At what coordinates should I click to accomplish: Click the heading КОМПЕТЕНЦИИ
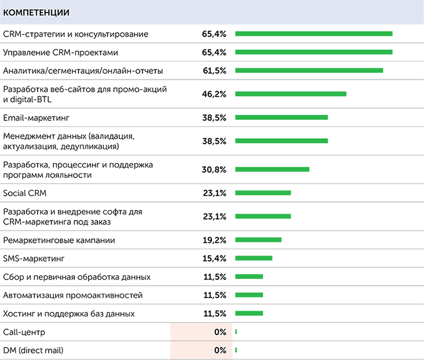pyautogui.click(x=36, y=11)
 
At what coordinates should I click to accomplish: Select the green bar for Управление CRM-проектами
pyautogui.click(x=314, y=52)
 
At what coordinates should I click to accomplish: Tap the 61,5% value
pyautogui.click(x=214, y=71)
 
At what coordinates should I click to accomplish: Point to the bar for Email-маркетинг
pyautogui.click(x=282, y=117)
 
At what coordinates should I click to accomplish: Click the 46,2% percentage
pyautogui.click(x=214, y=94)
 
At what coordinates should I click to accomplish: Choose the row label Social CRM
pyautogui.click(x=26, y=193)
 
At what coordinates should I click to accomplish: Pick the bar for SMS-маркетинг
pyautogui.click(x=254, y=258)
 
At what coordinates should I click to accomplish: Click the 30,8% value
pyautogui.click(x=214, y=169)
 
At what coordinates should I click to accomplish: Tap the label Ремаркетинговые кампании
pyautogui.click(x=59, y=240)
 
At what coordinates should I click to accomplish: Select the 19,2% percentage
pyautogui.click(x=214, y=240)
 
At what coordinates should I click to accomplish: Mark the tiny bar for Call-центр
pyautogui.click(x=236, y=332)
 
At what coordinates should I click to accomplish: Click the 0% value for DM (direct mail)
pyautogui.click(x=220, y=350)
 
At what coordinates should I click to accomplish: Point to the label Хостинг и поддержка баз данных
pyautogui.click(x=68, y=314)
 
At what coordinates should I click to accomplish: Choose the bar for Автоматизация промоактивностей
pyautogui.click(x=249, y=295)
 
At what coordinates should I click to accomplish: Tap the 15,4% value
pyautogui.click(x=214, y=258)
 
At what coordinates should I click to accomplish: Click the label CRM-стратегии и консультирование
pyautogui.click(x=76, y=34)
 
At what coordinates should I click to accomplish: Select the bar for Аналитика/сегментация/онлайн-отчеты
pyautogui.click(x=309, y=71)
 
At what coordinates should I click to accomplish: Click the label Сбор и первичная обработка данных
pyautogui.click(x=77, y=277)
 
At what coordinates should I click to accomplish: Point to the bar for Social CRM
pyautogui.click(x=263, y=193)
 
